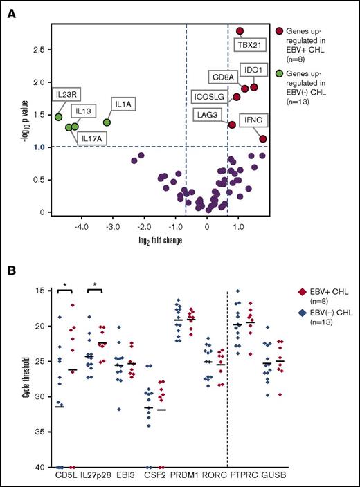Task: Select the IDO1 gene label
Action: [x=252, y=70]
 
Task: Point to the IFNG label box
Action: [x=252, y=120]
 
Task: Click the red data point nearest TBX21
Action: [x=240, y=31]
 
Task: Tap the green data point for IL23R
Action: [x=59, y=117]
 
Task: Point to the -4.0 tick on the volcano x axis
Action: [x=82, y=225]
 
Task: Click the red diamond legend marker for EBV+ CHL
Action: [x=282, y=312]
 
